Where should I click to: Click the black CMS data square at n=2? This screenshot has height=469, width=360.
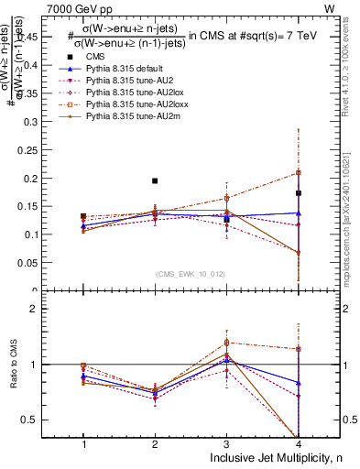pyautogui.click(x=155, y=181)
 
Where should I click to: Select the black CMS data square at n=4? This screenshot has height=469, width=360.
pyautogui.click(x=299, y=193)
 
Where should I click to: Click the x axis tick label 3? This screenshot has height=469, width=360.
pyautogui.click(x=226, y=444)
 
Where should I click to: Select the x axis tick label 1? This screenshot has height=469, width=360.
pyautogui.click(x=83, y=444)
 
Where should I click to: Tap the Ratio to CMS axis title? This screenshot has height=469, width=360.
pyautogui.click(x=22, y=365)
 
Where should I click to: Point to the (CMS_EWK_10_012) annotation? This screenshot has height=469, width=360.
pyautogui.click(x=191, y=274)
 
